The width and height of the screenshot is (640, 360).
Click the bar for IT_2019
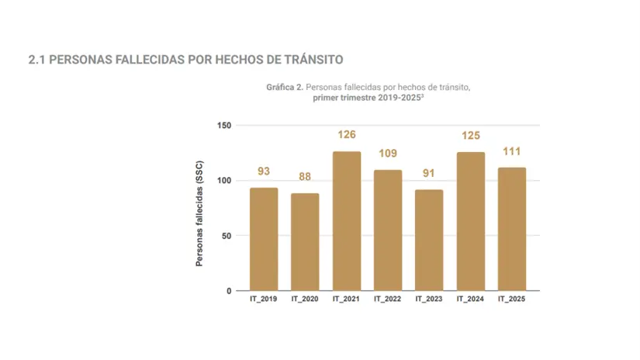264,239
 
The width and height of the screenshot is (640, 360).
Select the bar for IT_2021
346,221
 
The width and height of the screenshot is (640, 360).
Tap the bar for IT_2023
429,240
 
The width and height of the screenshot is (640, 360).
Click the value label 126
346,135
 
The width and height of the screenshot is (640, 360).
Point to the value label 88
305,177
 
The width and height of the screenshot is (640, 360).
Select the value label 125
471,136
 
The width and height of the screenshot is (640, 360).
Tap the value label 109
388,154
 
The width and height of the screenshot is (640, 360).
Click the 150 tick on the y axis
223,126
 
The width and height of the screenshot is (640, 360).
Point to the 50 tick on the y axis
226,236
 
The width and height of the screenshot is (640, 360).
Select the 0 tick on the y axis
228,291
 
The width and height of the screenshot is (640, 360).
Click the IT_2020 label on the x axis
305,299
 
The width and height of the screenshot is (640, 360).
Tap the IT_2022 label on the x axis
388,299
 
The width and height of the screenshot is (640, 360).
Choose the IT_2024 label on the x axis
471,299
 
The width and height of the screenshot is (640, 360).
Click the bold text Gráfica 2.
284,88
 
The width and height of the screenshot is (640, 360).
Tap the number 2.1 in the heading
36,60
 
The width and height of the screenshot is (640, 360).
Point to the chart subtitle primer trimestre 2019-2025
368,99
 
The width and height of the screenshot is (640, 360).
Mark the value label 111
512,152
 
